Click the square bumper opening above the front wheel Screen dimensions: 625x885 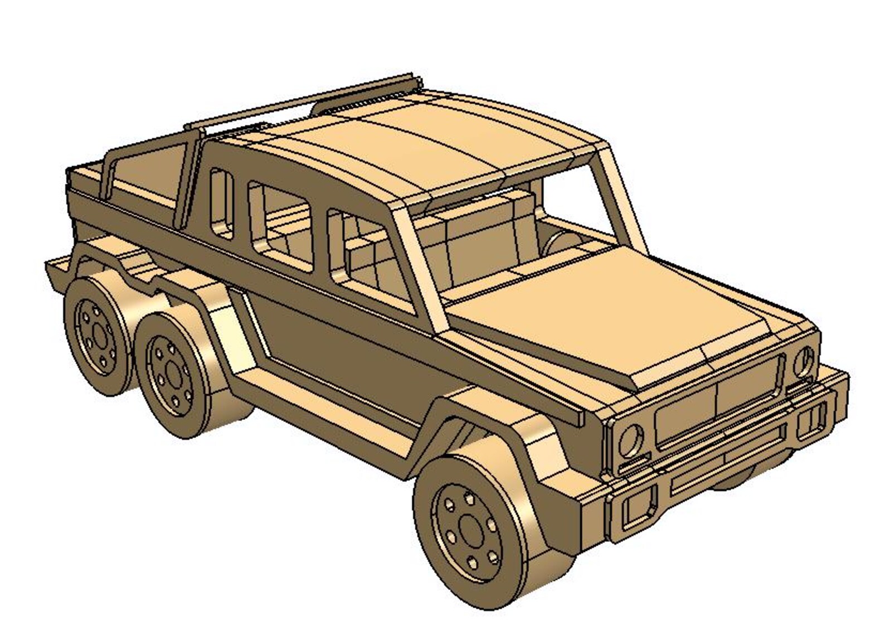pos(635,510)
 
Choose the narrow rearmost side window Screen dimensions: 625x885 pos(221,204)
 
